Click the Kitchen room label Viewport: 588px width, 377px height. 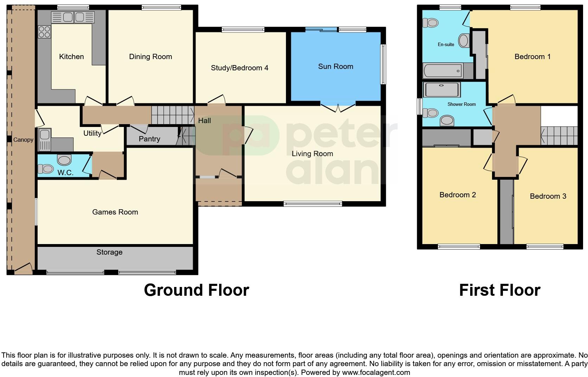[x=71, y=57]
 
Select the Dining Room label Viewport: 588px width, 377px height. [x=151, y=57]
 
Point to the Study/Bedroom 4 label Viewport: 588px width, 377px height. [x=239, y=68]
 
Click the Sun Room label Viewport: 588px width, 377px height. [x=335, y=66]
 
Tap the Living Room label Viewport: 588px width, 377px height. [x=312, y=154]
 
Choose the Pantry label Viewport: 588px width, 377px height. [x=149, y=139]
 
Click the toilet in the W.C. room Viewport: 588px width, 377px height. [x=45, y=169]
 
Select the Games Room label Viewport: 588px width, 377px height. [x=115, y=212]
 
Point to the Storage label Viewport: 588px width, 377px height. [x=109, y=252]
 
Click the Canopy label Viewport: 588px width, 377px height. [x=23, y=140]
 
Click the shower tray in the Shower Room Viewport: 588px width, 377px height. [x=442, y=90]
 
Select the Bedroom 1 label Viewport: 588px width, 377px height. [x=532, y=57]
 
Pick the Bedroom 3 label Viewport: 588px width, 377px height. [x=548, y=196]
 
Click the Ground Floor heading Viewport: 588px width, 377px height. [x=196, y=290]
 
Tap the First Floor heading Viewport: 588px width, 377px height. [x=499, y=290]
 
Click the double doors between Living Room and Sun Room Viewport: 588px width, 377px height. [x=338, y=108]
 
